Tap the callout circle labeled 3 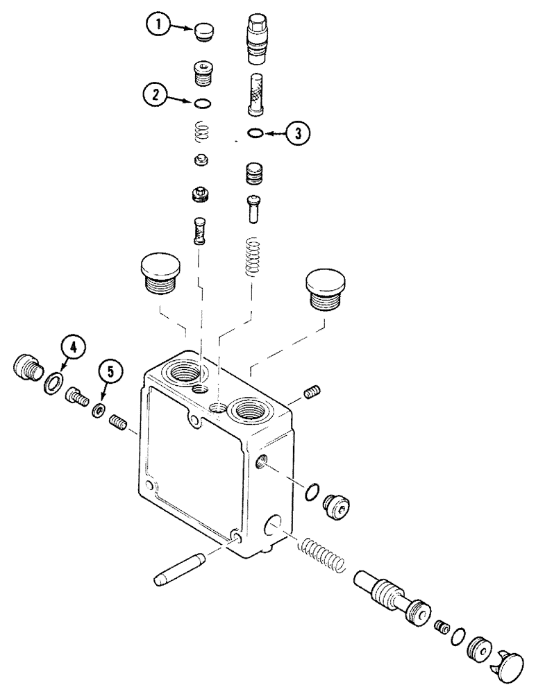[297, 133]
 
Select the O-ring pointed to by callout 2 [202, 104]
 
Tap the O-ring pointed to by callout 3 [256, 133]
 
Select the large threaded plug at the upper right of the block [326, 289]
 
